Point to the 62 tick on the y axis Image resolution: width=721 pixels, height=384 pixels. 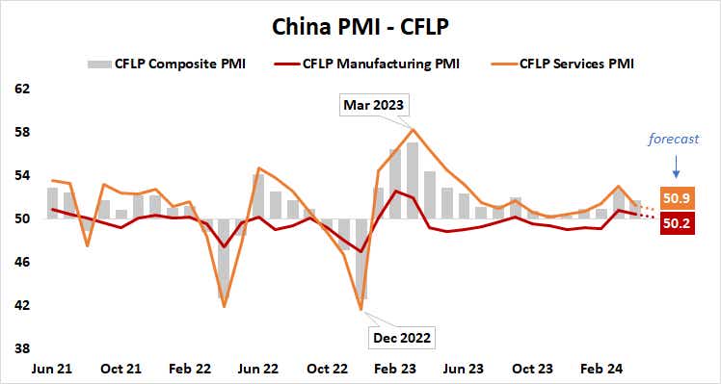click(23, 89)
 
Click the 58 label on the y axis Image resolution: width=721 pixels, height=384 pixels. click(23, 132)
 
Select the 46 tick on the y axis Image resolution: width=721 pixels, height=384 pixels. click(23, 262)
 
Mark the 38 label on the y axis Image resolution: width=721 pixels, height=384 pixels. click(23, 348)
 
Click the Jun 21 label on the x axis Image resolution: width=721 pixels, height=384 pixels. click(54, 369)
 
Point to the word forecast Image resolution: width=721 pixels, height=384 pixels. click(676, 139)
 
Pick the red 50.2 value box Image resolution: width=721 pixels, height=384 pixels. click(676, 224)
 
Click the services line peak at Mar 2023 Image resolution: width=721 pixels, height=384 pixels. click(413, 129)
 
